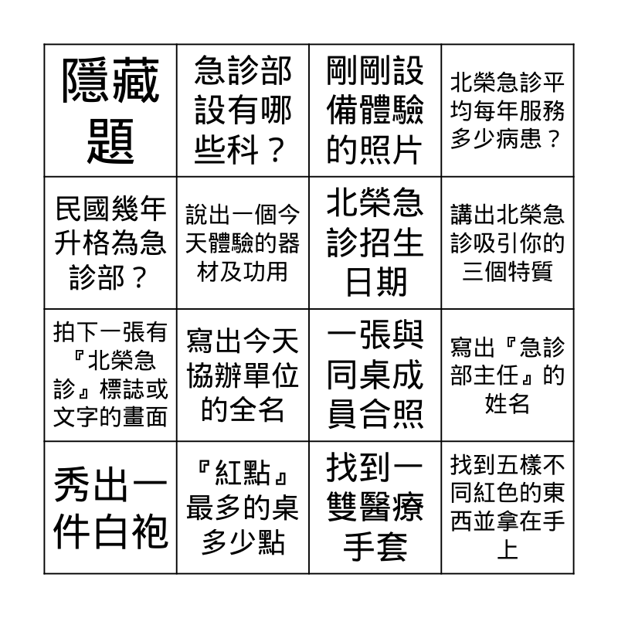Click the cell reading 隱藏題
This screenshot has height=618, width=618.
(x=110, y=110)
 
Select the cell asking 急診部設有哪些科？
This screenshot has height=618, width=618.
(x=243, y=110)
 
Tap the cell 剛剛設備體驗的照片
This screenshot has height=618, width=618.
(x=375, y=110)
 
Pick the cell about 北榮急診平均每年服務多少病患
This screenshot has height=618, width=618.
(x=508, y=110)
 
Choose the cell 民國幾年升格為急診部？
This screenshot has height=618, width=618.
(x=110, y=243)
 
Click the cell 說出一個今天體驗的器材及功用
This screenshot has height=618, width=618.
(x=243, y=243)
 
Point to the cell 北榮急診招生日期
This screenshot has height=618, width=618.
(x=375, y=243)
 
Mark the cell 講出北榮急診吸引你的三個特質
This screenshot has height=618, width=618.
(x=508, y=243)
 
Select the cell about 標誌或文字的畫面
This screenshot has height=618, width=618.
(x=110, y=375)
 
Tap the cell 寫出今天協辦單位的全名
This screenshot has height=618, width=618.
(x=243, y=375)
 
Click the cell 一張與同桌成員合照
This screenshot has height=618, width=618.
(x=375, y=375)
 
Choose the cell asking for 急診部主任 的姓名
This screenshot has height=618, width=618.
(x=508, y=375)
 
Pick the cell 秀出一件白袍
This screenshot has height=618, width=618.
(x=110, y=508)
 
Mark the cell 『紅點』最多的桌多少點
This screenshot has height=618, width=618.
(x=243, y=508)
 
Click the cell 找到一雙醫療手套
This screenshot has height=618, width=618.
(x=375, y=508)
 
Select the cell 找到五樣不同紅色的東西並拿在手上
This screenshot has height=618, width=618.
(x=508, y=508)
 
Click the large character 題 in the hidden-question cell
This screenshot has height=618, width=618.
(x=110, y=141)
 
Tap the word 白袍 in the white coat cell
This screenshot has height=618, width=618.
(x=131, y=531)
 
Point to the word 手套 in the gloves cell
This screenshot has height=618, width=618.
(x=375, y=546)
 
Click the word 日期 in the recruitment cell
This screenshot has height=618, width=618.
(x=376, y=281)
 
